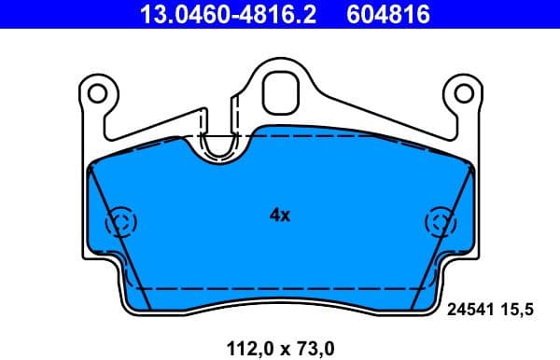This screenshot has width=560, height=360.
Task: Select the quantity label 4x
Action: [x=280, y=215]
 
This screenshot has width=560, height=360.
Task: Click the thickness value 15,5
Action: [x=521, y=314]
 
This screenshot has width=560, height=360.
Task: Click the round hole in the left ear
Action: [x=97, y=92]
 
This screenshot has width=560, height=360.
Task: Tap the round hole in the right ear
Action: [x=462, y=92]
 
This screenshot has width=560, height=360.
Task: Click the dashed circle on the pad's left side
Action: [x=120, y=223]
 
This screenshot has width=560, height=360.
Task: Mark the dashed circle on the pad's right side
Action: [x=439, y=223]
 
